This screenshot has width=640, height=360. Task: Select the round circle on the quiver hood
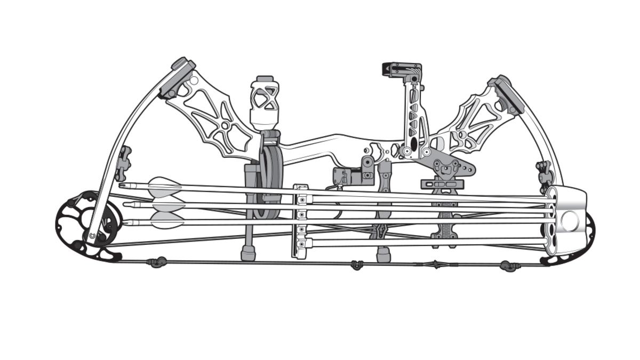tap(569, 220)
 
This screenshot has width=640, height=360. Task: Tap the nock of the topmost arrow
tap(122, 185)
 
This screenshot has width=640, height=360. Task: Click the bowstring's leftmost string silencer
tap(157, 261)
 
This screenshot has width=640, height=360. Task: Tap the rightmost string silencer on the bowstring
tap(508, 266)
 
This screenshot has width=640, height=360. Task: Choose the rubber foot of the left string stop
tap(248, 253)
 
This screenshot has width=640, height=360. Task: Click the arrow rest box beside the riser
tap(347, 175)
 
